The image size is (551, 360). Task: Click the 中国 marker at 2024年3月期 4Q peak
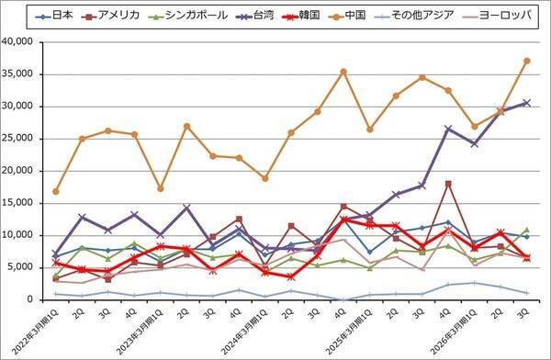tap(343, 72)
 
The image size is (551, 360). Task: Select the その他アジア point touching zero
tap(343, 299)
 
